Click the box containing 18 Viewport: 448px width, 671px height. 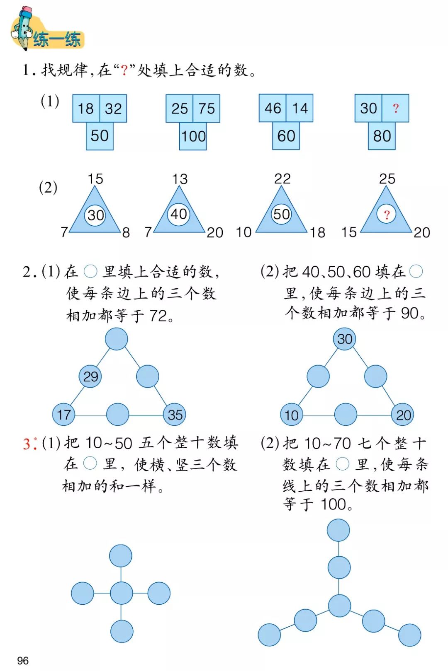(86, 109)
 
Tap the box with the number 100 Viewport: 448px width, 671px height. (193, 136)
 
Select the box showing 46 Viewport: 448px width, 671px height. (273, 108)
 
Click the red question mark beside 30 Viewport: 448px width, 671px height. (395, 109)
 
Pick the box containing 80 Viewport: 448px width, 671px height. (382, 136)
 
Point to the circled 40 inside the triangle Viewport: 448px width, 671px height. (179, 214)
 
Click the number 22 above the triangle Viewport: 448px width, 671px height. (282, 179)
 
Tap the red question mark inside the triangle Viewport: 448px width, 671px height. (387, 215)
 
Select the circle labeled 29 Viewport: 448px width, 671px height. (90, 377)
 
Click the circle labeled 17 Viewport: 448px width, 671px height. (64, 415)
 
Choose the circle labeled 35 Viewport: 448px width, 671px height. (175, 415)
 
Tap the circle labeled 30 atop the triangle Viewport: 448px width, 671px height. (345, 339)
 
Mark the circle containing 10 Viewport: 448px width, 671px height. (291, 415)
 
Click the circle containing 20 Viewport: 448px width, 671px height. (403, 415)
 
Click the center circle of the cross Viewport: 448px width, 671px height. (121, 593)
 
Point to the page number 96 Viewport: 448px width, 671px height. (23, 660)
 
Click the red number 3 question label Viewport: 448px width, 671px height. (27, 444)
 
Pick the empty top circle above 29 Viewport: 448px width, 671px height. (117, 339)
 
